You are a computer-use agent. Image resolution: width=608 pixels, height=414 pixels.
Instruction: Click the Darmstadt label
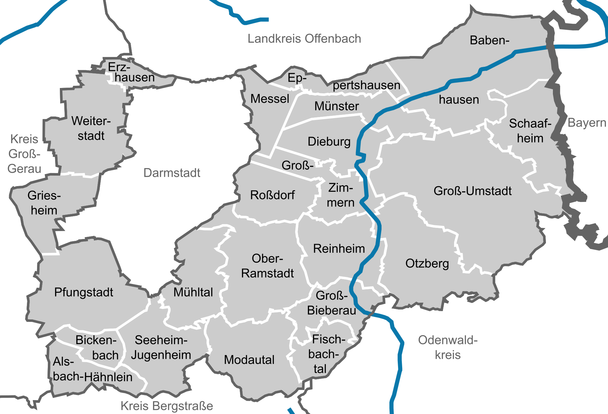[x=172, y=173]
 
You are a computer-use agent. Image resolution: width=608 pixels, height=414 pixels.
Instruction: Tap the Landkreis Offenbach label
[x=304, y=39]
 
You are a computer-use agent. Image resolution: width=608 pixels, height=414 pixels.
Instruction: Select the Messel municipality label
[x=270, y=99]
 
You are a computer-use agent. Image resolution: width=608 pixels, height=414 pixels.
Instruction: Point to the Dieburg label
[x=329, y=141]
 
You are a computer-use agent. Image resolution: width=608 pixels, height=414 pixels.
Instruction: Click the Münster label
[x=337, y=106]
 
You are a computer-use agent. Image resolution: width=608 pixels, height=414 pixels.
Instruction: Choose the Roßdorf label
[x=272, y=195]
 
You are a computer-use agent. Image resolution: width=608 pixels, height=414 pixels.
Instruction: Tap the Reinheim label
[x=339, y=248]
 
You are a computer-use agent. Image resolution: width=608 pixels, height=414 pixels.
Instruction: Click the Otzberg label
[x=427, y=263]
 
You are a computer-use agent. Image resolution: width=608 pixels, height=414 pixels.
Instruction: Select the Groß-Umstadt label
[x=472, y=191]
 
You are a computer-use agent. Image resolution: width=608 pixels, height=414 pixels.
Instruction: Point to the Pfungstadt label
[x=84, y=292]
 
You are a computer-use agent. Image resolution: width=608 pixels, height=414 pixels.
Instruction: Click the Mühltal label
[x=193, y=292]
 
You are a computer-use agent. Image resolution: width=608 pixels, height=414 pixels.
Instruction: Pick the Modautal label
[x=249, y=360]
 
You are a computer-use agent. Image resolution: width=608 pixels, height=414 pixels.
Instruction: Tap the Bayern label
[x=586, y=122]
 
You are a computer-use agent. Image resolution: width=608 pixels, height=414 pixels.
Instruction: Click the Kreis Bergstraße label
[x=167, y=406]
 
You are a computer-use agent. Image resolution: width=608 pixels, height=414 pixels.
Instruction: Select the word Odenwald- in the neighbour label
[x=447, y=340]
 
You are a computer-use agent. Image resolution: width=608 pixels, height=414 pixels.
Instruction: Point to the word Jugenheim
[x=161, y=355]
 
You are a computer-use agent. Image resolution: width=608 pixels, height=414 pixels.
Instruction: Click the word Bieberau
[x=332, y=310]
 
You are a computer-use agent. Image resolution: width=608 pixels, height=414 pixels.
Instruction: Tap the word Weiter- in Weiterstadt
[x=91, y=121]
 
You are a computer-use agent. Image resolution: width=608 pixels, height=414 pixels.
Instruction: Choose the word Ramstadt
[x=268, y=273]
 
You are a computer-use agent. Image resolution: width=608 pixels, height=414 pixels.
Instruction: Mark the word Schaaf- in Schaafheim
[x=530, y=123]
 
